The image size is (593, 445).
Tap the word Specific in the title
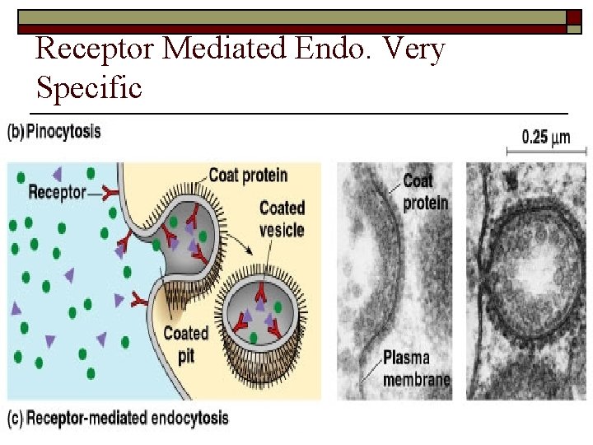(x=89, y=87)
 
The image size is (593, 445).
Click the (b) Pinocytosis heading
(x=54, y=132)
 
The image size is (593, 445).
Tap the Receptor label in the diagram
(x=57, y=192)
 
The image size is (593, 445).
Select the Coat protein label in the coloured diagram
(x=248, y=175)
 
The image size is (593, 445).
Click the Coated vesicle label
(x=282, y=218)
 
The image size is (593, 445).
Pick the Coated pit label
(x=185, y=343)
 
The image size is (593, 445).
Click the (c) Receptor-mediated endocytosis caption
(x=118, y=418)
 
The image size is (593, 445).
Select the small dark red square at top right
(x=573, y=17)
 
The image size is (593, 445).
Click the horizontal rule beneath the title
(x=298, y=113)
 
